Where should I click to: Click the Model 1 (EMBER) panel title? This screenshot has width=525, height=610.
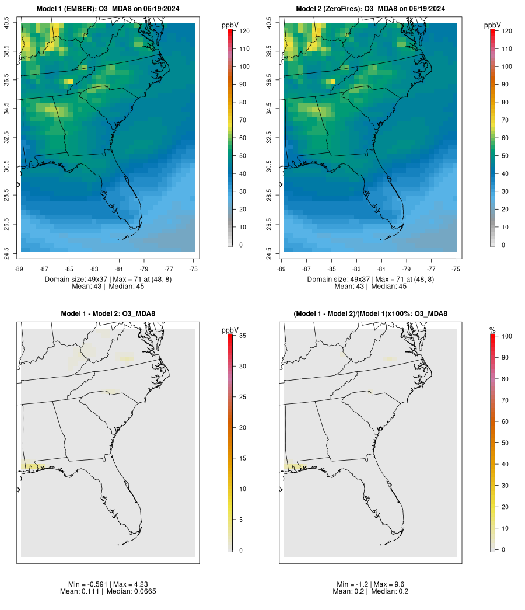[108, 9]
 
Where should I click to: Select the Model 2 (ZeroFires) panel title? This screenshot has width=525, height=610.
[370, 9]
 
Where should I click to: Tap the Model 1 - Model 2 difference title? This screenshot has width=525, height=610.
[108, 314]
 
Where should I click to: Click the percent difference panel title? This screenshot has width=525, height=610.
[370, 314]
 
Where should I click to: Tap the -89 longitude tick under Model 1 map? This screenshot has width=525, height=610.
[19, 269]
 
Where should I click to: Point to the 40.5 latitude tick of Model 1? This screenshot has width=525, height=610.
[7, 23]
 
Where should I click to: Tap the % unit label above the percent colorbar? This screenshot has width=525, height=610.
[492, 330]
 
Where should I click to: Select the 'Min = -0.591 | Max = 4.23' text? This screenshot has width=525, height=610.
[108, 584]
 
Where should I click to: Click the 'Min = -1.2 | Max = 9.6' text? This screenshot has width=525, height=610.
[370, 584]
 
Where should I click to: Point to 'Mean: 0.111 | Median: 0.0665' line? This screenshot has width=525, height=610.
[108, 591]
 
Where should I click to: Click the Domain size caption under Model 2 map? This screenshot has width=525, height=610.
[370, 280]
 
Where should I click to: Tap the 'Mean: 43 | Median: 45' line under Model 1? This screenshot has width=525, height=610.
[108, 287]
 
